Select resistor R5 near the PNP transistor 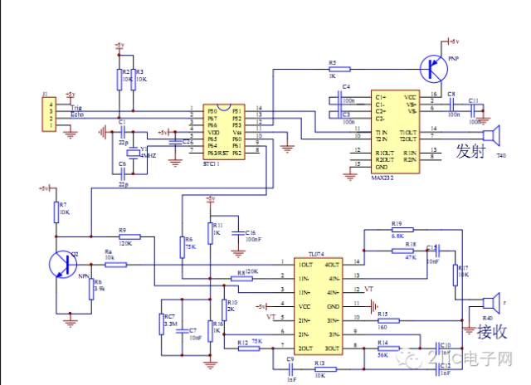point(334,69)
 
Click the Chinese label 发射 point(469,151)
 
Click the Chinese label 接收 point(490,332)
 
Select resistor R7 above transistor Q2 point(56,208)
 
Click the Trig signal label point(76,108)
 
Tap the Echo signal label point(76,115)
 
